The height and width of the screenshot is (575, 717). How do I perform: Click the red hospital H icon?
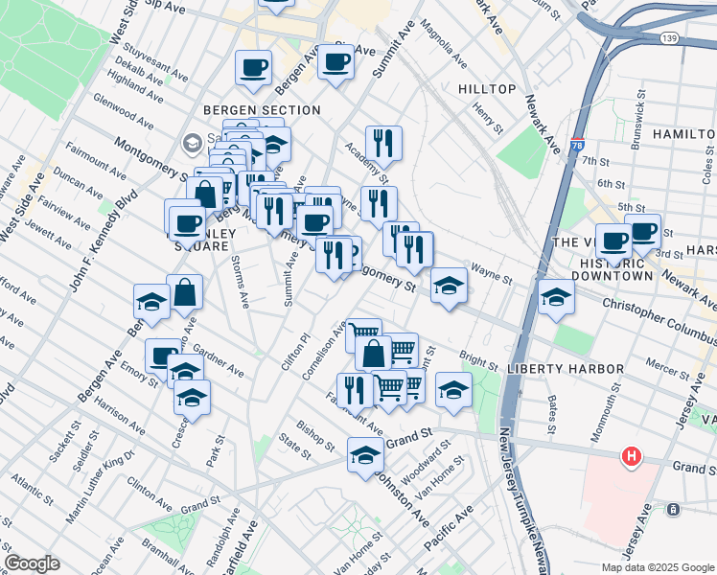[631, 456]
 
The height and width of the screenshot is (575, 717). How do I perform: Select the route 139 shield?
[670, 37]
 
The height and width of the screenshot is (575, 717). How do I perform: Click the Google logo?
[32, 563]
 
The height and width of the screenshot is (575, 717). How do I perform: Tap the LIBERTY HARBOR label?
[566, 369]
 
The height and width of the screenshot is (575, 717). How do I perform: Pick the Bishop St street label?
[314, 432]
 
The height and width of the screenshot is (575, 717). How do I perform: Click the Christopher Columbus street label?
[659, 316]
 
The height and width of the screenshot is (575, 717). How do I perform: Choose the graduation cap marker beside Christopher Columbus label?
[556, 296]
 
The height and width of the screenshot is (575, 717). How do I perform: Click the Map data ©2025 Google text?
[657, 567]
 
